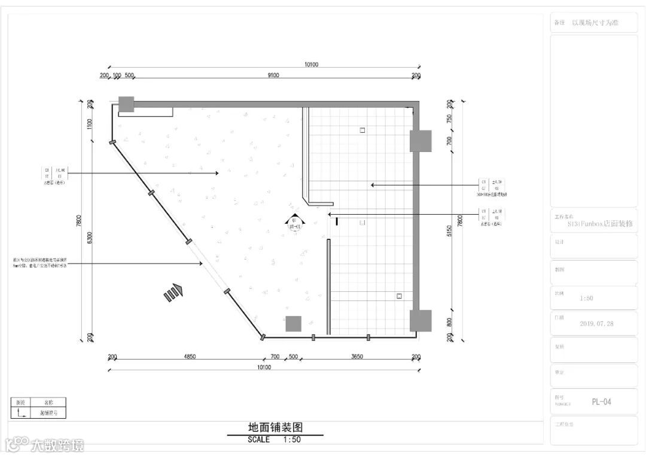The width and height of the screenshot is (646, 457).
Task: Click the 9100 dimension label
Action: point(273,75)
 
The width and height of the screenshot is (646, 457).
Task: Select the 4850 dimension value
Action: point(189,357)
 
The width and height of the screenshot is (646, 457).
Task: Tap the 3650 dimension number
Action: point(357,357)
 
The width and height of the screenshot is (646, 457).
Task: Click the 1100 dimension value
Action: point(90,124)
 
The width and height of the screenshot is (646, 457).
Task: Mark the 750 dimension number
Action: point(449,118)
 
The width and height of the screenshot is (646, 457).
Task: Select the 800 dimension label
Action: point(449,322)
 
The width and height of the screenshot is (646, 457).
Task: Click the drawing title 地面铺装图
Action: point(276,428)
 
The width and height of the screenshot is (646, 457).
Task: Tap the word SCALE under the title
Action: point(258,440)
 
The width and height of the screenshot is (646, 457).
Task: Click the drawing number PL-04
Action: point(601,402)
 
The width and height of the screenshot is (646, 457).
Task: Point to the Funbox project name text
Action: point(600,224)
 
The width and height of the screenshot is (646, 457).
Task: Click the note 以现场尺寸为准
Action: point(595,23)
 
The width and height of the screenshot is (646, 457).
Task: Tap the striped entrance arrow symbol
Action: point(173,292)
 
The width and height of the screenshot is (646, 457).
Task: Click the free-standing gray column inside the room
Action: point(293,324)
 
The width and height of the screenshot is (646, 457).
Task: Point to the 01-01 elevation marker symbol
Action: point(294,223)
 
